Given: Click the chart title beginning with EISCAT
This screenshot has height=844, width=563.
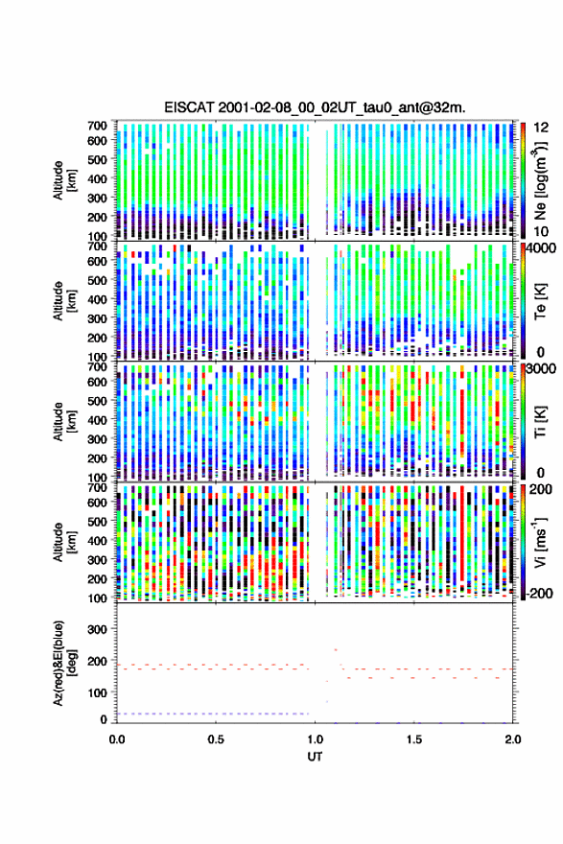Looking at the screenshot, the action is pyautogui.click(x=315, y=107).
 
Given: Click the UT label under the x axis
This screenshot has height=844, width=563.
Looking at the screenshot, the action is pyautogui.click(x=315, y=757).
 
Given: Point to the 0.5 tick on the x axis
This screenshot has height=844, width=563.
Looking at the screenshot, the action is pyautogui.click(x=216, y=739).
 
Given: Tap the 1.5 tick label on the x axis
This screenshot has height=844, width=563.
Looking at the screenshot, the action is pyautogui.click(x=414, y=739).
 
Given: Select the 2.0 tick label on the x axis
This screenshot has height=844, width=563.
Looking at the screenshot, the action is pyautogui.click(x=513, y=739).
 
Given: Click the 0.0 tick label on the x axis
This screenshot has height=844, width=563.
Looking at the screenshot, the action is pyautogui.click(x=117, y=739).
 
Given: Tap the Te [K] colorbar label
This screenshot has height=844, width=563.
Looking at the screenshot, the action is pyautogui.click(x=540, y=301).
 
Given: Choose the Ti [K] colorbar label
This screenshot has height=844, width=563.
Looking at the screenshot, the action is pyautogui.click(x=540, y=422).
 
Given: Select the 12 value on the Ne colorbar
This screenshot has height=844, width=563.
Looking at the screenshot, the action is pyautogui.click(x=541, y=128).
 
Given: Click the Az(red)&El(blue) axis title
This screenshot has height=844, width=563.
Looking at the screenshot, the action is pyautogui.click(x=64, y=663).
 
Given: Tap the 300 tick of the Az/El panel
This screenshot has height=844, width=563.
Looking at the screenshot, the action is pyautogui.click(x=97, y=629).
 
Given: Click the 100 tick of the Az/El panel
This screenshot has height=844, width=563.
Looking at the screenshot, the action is pyautogui.click(x=97, y=692).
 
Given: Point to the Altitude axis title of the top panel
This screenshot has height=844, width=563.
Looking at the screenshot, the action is pyautogui.click(x=64, y=180).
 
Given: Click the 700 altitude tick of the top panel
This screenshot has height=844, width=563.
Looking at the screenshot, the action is pyautogui.click(x=97, y=126).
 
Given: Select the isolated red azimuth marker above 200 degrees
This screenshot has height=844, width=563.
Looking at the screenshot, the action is pyautogui.click(x=336, y=649).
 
